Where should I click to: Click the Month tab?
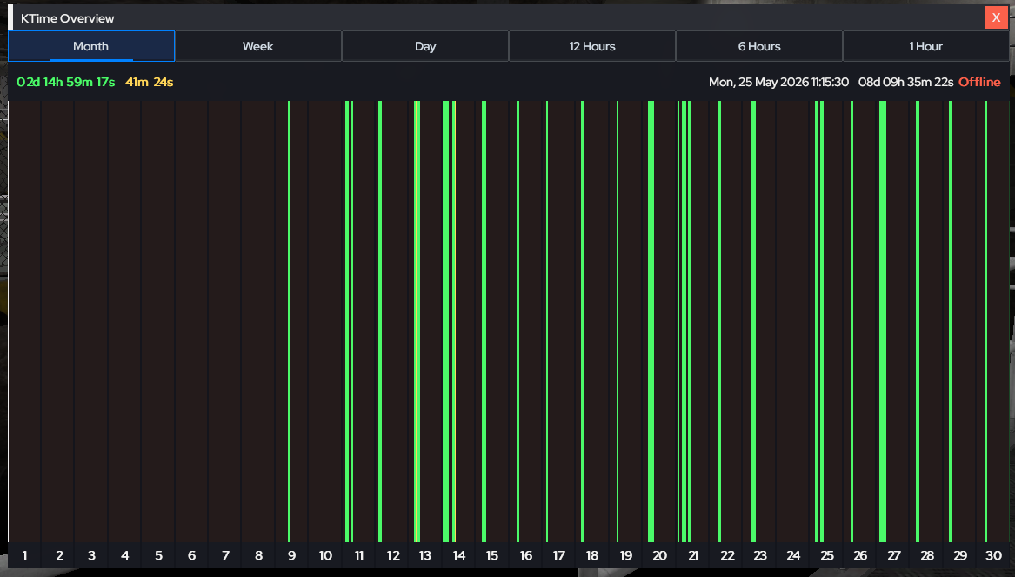[91, 46]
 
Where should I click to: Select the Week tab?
[258, 46]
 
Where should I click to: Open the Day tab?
[425, 46]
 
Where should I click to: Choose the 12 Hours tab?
[592, 46]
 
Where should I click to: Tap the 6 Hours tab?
[759, 46]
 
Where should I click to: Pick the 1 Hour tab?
[926, 46]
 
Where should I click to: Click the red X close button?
[996, 17]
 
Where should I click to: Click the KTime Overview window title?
[67, 18]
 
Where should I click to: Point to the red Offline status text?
[979, 83]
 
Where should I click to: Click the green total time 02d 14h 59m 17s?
[66, 83]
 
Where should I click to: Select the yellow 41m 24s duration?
[150, 83]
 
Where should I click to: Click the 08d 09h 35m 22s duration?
[905, 83]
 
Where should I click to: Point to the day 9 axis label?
[292, 555]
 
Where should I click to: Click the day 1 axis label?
[24, 555]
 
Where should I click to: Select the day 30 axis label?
[993, 555]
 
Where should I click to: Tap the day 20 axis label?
[659, 555]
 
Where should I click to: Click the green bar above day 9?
[290, 321]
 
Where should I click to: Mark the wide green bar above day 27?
[883, 321]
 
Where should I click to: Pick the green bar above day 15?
[484, 321]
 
